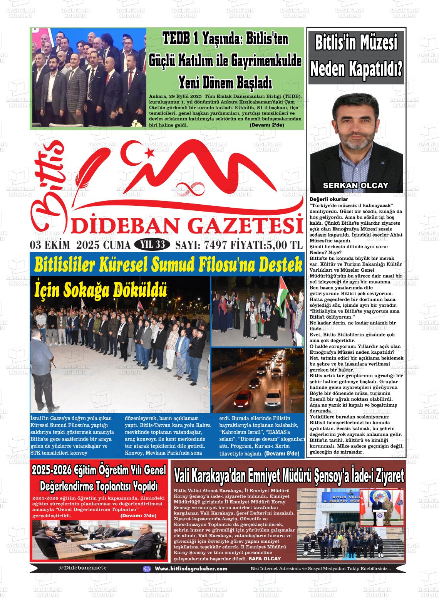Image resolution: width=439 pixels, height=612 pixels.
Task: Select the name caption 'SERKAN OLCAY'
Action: pos(355,185)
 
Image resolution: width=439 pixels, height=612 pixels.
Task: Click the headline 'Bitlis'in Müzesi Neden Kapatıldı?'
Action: pos(356,56)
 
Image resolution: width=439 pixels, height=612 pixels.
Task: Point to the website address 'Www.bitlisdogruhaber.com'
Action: pos(191,568)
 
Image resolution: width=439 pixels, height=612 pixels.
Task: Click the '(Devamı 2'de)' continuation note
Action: pos(266,125)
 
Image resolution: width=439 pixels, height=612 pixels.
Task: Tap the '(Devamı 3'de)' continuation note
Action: pos(138,515)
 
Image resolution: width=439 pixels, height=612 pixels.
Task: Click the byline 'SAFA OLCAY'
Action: pos(265,558)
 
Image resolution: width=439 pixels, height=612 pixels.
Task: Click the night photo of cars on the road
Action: pos(257,380)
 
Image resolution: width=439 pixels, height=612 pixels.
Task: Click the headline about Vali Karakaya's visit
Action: pos(289,476)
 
